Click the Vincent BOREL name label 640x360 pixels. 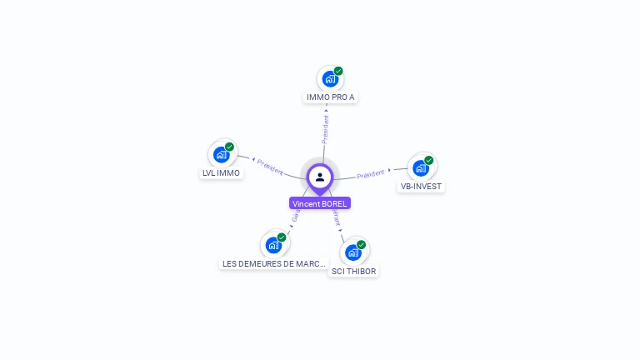pos(319,203)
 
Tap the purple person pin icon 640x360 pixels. pos(320,177)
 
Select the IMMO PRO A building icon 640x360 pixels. pos(330,79)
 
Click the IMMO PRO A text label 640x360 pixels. pos(331,97)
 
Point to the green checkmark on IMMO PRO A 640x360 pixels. pos(338,71)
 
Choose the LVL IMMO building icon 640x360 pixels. pos(221,154)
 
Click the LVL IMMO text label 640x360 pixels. pos(221,173)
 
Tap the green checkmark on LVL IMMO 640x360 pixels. pos(229,147)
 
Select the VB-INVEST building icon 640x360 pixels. pos(421,167)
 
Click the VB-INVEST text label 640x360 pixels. pos(421,187)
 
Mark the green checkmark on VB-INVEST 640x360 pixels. pos(429,160)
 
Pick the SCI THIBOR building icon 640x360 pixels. pos(353,252)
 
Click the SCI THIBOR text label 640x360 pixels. pos(353,272)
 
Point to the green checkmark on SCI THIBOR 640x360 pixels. pos(362,244)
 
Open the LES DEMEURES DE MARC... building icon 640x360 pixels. pos(273,245)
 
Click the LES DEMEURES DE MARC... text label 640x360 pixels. pos(274,263)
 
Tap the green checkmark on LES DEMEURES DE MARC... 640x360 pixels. pos(282,237)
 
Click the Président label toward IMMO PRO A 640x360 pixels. pos(325,128)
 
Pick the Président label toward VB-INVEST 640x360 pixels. pos(371,174)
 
